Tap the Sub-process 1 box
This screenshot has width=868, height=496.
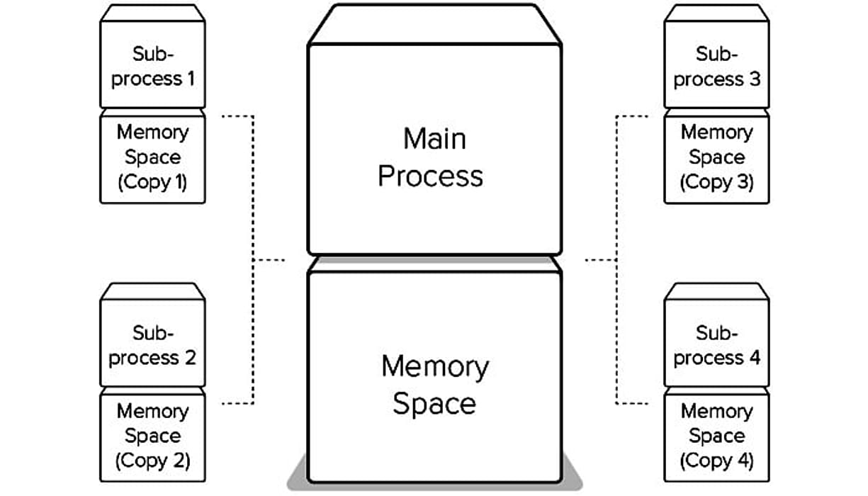click(152, 65)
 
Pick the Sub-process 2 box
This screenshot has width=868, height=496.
click(152, 344)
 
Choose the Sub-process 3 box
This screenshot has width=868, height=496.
click(716, 65)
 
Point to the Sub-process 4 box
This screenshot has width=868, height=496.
click(716, 344)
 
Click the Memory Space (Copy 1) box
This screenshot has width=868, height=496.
click(152, 157)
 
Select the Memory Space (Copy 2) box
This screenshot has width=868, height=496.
click(152, 436)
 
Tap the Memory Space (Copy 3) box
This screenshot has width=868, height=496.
click(716, 157)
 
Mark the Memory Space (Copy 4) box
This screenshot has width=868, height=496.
click(716, 436)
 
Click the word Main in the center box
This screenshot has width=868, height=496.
click(434, 138)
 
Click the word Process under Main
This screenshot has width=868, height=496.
click(430, 176)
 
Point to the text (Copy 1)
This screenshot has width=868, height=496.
click(152, 182)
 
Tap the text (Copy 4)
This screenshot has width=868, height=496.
click(716, 461)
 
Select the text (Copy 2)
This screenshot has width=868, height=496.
click(152, 461)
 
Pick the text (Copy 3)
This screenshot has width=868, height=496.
click(716, 182)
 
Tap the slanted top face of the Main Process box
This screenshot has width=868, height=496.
click(434, 25)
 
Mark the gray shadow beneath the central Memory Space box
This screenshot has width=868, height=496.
click(434, 486)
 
